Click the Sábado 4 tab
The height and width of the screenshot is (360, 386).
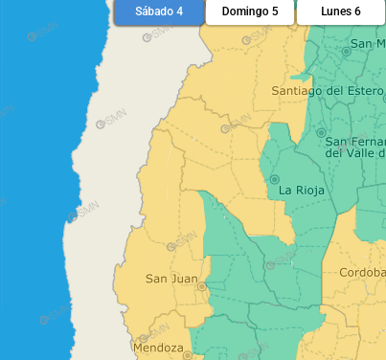point(159,11)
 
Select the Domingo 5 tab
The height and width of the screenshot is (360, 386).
point(249,11)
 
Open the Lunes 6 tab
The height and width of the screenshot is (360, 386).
point(341,11)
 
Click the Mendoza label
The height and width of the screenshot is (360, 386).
point(158,349)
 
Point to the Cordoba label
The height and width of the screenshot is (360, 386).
point(361,273)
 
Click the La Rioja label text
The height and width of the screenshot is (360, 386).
point(301,191)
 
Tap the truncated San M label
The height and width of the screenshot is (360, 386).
point(367,44)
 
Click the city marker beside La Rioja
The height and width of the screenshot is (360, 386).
point(274,179)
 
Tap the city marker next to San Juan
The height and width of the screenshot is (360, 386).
point(201,285)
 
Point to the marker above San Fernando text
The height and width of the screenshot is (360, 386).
point(321,132)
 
